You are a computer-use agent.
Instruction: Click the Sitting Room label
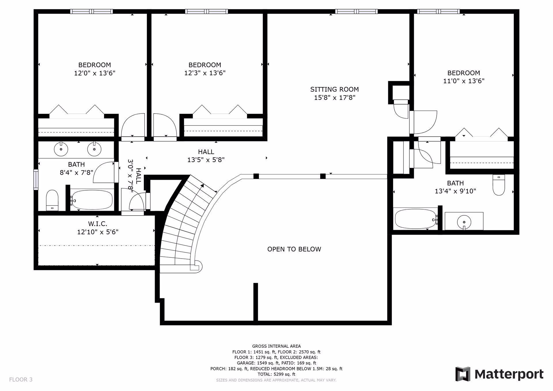334,89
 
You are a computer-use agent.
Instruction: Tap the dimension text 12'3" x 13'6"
205,73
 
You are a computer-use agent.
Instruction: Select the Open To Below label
294,249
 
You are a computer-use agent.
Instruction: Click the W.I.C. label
98,224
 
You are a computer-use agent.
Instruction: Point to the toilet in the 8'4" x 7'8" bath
52,200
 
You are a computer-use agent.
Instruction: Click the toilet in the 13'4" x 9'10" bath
499,185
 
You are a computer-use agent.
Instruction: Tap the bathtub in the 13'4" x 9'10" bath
415,219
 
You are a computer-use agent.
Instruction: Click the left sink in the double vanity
61,149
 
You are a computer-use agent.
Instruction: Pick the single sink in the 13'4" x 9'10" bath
464,222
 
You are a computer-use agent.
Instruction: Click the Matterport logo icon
463,374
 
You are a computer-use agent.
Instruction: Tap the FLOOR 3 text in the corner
21,379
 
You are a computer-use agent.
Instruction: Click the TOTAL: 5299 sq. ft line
276,374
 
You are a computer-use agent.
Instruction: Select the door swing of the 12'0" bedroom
133,125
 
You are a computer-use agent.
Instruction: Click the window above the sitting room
356,12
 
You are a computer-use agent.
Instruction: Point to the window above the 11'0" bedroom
438,12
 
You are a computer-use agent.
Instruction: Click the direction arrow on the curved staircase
202,186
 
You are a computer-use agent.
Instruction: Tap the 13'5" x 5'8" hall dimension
206,160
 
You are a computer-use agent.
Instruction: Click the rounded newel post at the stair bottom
197,265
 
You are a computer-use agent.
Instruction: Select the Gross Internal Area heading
276,346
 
